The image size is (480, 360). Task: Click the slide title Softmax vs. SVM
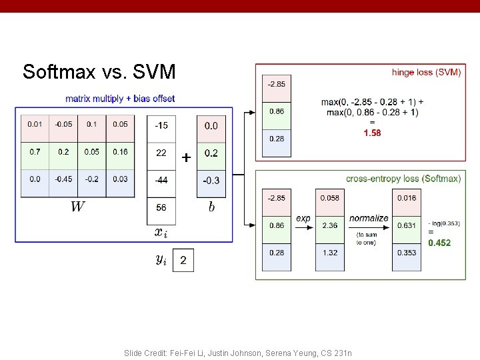pyautogui.click(x=99, y=71)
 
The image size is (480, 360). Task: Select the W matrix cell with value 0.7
pyautogui.click(x=34, y=152)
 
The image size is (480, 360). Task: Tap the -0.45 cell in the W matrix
pyautogui.click(x=63, y=179)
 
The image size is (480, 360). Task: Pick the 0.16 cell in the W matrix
pyautogui.click(x=120, y=152)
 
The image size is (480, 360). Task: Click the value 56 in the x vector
pyautogui.click(x=161, y=207)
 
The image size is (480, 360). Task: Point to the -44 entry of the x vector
pyautogui.click(x=161, y=180)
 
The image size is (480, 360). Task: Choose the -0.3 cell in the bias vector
pyautogui.click(x=211, y=180)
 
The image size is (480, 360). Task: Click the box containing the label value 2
pyautogui.click(x=183, y=260)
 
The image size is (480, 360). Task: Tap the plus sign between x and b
pyautogui.click(x=186, y=158)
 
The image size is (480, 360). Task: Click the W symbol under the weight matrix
pyautogui.click(x=77, y=207)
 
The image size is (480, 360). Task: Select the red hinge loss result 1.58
pyautogui.click(x=372, y=133)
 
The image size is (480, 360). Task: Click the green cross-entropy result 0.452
pyautogui.click(x=439, y=243)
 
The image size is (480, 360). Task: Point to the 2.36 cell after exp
pyautogui.click(x=329, y=225)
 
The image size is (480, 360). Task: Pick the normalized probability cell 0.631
pyautogui.click(x=407, y=225)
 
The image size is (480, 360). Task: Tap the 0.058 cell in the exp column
pyautogui.click(x=329, y=198)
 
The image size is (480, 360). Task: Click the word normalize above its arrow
pyautogui.click(x=369, y=218)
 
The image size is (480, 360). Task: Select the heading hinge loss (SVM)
pyautogui.click(x=426, y=72)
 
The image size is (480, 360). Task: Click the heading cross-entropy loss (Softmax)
pyautogui.click(x=403, y=179)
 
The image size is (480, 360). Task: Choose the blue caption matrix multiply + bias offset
pyautogui.click(x=120, y=99)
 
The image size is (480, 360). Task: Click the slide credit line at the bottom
pyautogui.click(x=238, y=353)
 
